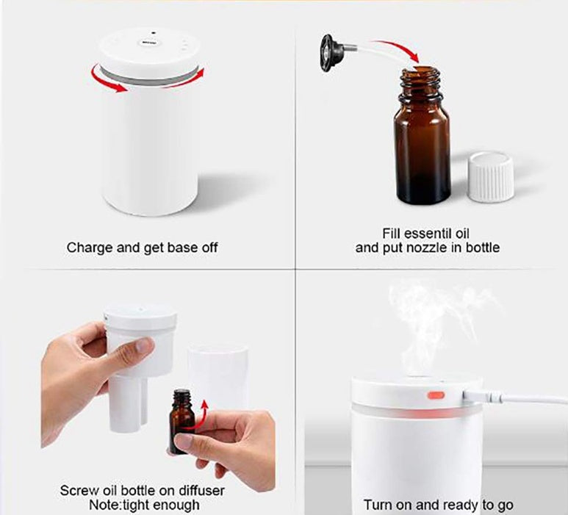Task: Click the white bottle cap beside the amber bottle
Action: [489, 177]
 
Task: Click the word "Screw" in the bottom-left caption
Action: [78, 490]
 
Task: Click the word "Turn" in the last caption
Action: [378, 505]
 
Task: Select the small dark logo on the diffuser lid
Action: [149, 43]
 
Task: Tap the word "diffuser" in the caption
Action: [199, 490]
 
